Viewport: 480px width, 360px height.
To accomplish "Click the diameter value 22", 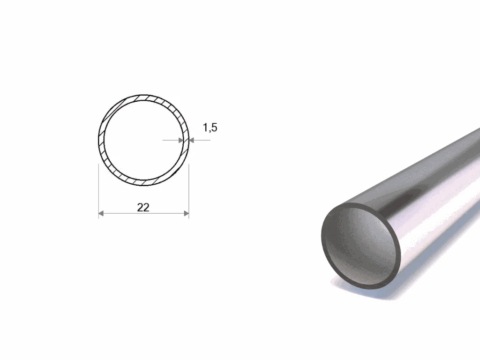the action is point(143,208).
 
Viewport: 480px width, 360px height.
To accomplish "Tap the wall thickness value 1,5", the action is point(210,127).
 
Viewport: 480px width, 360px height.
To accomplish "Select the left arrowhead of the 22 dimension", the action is point(101,213).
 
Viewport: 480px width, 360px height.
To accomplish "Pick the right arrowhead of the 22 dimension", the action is point(186,213).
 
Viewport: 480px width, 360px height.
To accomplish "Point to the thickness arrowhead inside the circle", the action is point(180,140).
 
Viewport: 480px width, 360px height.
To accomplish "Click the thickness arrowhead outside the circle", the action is point(192,140).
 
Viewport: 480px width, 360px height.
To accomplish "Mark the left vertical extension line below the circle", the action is point(98,191).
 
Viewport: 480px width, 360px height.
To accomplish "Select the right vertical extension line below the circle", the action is point(189,191).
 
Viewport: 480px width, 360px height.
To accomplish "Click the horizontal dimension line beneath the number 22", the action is point(143,213).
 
